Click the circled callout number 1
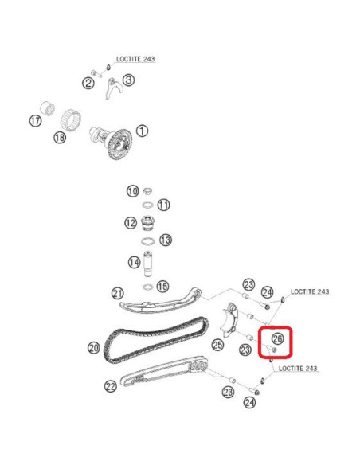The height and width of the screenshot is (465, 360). [x=142, y=131]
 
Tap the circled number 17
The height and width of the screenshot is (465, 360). [x=35, y=121]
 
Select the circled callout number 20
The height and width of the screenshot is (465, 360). [x=94, y=348]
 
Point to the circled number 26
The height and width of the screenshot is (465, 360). [x=277, y=338]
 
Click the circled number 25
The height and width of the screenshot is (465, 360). [x=217, y=346]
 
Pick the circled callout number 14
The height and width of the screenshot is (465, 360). [x=135, y=263]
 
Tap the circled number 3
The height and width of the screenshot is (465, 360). [x=128, y=80]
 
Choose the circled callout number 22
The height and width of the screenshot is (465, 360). [x=111, y=386]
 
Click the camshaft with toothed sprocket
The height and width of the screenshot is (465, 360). [x=112, y=143]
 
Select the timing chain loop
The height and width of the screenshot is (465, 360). [x=155, y=342]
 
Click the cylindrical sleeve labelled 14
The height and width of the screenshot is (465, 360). [x=148, y=264]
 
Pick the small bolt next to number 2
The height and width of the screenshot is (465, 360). [x=96, y=73]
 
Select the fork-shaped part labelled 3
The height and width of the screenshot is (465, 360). [x=113, y=88]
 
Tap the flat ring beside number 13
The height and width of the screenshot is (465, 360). [x=147, y=240]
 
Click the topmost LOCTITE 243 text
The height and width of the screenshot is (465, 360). [x=135, y=59]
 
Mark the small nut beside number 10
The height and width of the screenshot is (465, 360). [x=147, y=190]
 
